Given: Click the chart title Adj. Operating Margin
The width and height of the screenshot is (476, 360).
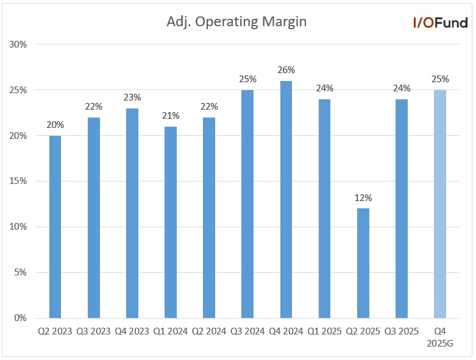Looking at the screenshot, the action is tap(236, 22).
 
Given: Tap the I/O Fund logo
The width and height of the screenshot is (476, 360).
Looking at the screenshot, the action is tap(441, 23).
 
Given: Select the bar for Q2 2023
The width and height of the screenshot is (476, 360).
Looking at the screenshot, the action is tap(55, 227).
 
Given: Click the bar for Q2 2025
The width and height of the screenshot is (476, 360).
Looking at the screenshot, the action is tap(363, 263).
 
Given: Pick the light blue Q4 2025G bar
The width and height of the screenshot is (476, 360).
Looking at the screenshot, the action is tap(440, 204).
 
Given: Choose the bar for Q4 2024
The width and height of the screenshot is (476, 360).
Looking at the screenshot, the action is tap(286, 200).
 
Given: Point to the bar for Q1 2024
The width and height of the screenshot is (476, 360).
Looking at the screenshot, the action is tap(171, 222).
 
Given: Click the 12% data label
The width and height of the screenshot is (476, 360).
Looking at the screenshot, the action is tap(363, 198).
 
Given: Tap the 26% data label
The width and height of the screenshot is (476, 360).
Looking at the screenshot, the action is tap(286, 70).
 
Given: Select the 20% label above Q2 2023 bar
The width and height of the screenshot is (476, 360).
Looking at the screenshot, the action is tap(55, 125).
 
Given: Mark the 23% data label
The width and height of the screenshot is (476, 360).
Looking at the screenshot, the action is tap(132, 97).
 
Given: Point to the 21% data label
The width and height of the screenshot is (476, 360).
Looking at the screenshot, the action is tap(171, 116).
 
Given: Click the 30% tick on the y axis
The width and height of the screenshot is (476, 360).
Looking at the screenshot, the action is tap(18, 44).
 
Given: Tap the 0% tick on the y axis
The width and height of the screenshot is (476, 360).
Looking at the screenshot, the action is tap(20, 318).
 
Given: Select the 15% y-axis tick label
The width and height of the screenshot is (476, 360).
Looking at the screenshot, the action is tap(18, 181).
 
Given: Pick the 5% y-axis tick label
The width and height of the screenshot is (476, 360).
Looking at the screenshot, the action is tap(20, 272).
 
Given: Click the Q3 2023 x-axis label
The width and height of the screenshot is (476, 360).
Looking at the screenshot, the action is tap(93, 331).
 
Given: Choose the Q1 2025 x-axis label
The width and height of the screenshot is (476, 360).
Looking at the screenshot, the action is tap(324, 331).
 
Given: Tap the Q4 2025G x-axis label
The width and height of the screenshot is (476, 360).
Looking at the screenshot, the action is tap(440, 337).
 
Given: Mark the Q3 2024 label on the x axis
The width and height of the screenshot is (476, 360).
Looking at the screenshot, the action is tap(247, 331).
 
